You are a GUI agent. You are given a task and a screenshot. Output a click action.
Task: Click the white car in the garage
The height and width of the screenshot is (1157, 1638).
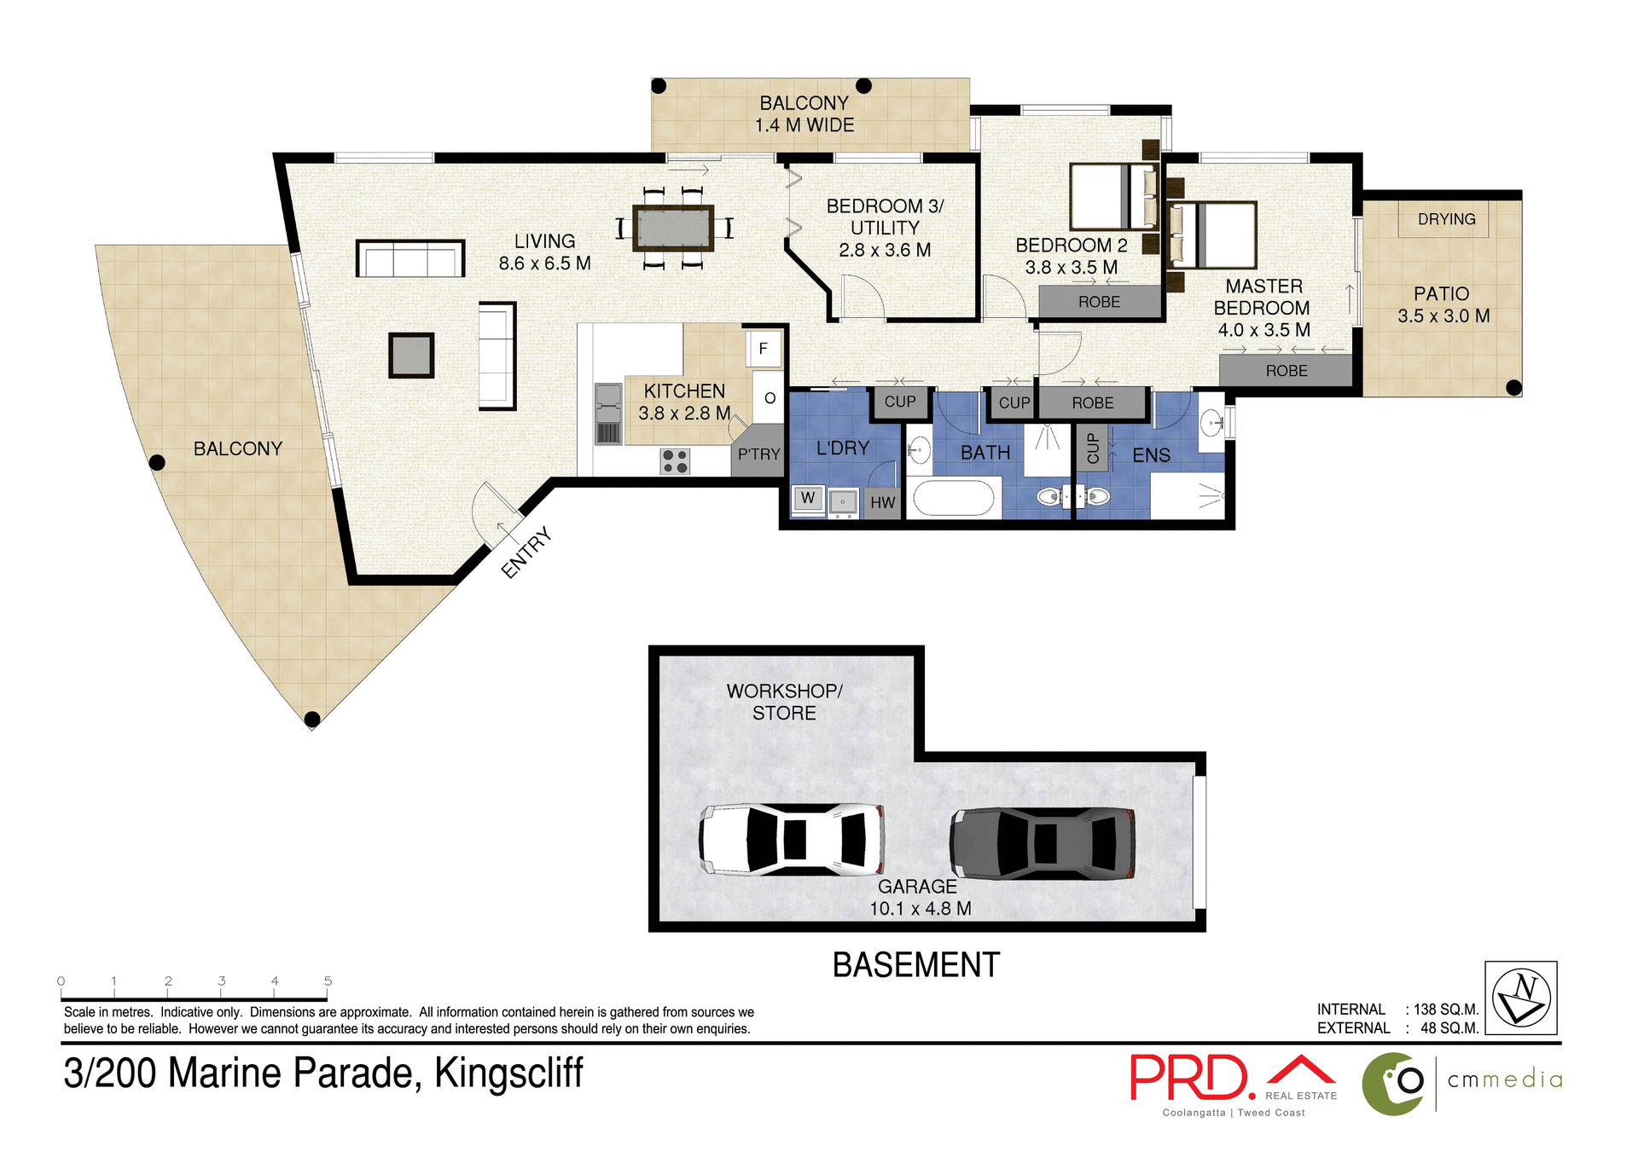click(792, 840)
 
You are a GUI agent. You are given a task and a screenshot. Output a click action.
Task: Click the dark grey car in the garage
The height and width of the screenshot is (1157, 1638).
click(1043, 843)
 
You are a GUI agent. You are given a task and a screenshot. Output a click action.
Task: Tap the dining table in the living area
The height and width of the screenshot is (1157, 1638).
click(673, 228)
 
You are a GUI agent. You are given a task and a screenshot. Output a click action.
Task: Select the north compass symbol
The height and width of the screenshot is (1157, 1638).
click(1520, 998)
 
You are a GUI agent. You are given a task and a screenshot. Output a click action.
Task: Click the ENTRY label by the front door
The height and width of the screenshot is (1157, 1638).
click(526, 552)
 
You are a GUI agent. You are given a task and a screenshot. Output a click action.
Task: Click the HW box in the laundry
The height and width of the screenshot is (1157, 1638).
click(883, 502)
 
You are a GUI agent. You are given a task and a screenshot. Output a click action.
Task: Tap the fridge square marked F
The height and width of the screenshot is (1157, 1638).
click(764, 348)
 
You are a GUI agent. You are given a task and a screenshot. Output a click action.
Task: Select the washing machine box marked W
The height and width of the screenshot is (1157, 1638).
click(808, 498)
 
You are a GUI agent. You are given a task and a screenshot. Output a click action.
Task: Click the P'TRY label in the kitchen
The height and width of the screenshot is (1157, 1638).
click(758, 454)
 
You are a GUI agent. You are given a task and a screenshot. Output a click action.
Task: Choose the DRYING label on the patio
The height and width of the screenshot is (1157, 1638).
click(1446, 219)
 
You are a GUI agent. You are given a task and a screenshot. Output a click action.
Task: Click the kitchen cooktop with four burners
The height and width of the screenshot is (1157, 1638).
click(675, 461)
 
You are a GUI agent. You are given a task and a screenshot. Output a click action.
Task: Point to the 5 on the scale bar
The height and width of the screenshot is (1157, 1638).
click(328, 981)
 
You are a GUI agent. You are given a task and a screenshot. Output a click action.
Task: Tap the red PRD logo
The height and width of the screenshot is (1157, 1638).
click(1192, 1078)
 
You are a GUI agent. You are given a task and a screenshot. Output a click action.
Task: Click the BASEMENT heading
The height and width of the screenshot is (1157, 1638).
click(915, 965)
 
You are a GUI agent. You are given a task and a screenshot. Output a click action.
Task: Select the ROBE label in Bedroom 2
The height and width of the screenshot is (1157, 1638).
click(1099, 302)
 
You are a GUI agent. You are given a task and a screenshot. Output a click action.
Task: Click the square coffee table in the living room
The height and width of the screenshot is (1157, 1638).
click(411, 355)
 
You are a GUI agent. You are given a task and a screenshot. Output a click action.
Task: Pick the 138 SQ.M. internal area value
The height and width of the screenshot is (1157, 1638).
click(1445, 1009)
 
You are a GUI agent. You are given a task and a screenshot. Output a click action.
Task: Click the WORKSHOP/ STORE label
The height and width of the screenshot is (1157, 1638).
click(784, 702)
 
